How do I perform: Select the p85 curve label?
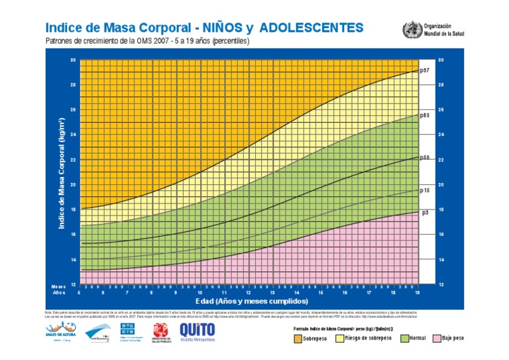[425, 115]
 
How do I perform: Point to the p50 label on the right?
[425, 157]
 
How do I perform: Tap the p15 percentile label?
[425, 190]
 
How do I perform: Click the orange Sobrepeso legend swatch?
[298, 339]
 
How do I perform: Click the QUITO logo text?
[196, 330]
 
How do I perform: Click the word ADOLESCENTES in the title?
[311, 28]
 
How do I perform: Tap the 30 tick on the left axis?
[73, 60]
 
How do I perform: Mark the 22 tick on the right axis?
[440, 160]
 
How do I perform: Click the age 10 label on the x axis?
[199, 292]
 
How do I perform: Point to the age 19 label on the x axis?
[417, 292]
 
